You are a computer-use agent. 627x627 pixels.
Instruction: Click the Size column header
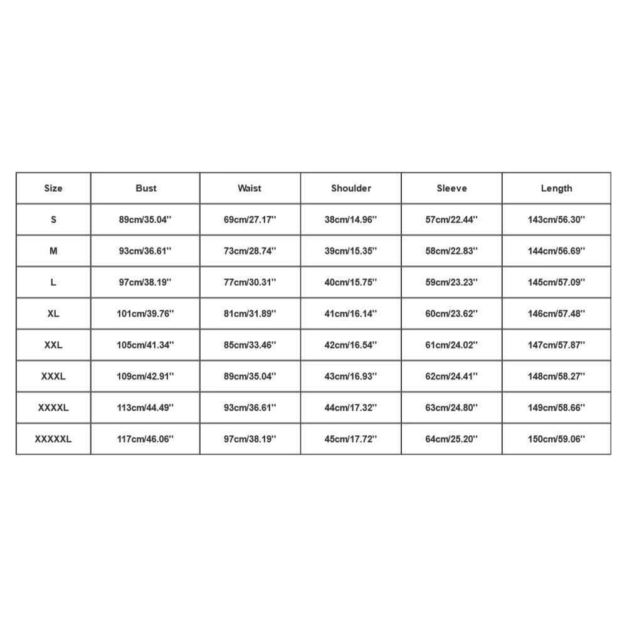[x=53, y=188]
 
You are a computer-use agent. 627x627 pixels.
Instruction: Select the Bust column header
[x=145, y=188]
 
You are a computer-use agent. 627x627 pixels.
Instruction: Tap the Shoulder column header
[x=351, y=188]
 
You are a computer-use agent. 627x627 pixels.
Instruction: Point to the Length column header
[x=556, y=188]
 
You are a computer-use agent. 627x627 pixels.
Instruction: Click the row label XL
[x=53, y=313]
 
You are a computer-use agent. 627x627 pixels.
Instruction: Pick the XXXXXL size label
[x=53, y=439]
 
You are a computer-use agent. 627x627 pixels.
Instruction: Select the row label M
[x=53, y=251]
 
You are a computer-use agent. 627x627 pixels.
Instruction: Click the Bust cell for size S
[x=145, y=219]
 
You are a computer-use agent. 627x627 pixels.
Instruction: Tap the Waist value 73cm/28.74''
[x=250, y=251]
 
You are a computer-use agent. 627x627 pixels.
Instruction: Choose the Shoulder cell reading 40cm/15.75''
[x=351, y=282]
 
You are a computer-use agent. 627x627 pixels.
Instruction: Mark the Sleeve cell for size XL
[x=451, y=313]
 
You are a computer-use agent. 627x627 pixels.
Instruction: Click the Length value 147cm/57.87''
[x=556, y=345]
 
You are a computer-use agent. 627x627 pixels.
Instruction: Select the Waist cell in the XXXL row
[x=250, y=376]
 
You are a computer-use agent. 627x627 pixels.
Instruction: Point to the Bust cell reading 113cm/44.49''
[x=145, y=408]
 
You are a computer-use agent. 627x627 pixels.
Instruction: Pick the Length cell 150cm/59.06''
[x=556, y=439]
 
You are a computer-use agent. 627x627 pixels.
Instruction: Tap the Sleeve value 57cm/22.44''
[x=451, y=219]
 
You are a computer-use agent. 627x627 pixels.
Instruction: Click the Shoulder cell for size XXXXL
[x=351, y=408]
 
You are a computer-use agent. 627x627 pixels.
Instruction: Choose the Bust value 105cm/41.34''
[x=145, y=345]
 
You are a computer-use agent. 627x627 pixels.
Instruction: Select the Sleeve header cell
[x=451, y=188]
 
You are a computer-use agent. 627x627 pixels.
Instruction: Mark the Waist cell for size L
[x=250, y=282]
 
